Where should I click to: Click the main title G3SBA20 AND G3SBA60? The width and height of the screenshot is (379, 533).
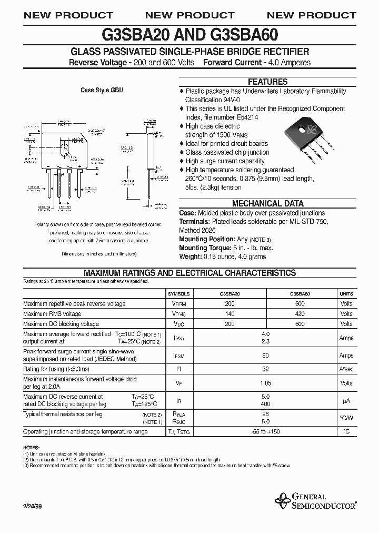click(189, 35)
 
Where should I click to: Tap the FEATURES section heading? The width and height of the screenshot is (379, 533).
click(267, 82)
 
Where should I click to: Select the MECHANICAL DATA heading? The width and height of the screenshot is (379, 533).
click(267, 203)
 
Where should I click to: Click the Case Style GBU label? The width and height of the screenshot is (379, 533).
click(102, 91)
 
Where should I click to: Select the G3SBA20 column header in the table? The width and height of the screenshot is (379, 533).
click(230, 294)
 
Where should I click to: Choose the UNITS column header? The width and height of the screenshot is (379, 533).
click(346, 294)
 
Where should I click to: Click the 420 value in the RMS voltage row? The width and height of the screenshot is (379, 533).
click(300, 314)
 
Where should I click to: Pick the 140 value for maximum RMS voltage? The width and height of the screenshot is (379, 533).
click(230, 314)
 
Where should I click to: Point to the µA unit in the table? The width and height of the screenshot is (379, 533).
click(346, 400)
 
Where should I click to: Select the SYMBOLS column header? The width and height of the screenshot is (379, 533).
click(178, 294)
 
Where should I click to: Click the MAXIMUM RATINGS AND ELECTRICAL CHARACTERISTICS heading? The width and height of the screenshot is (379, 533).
click(189, 273)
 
